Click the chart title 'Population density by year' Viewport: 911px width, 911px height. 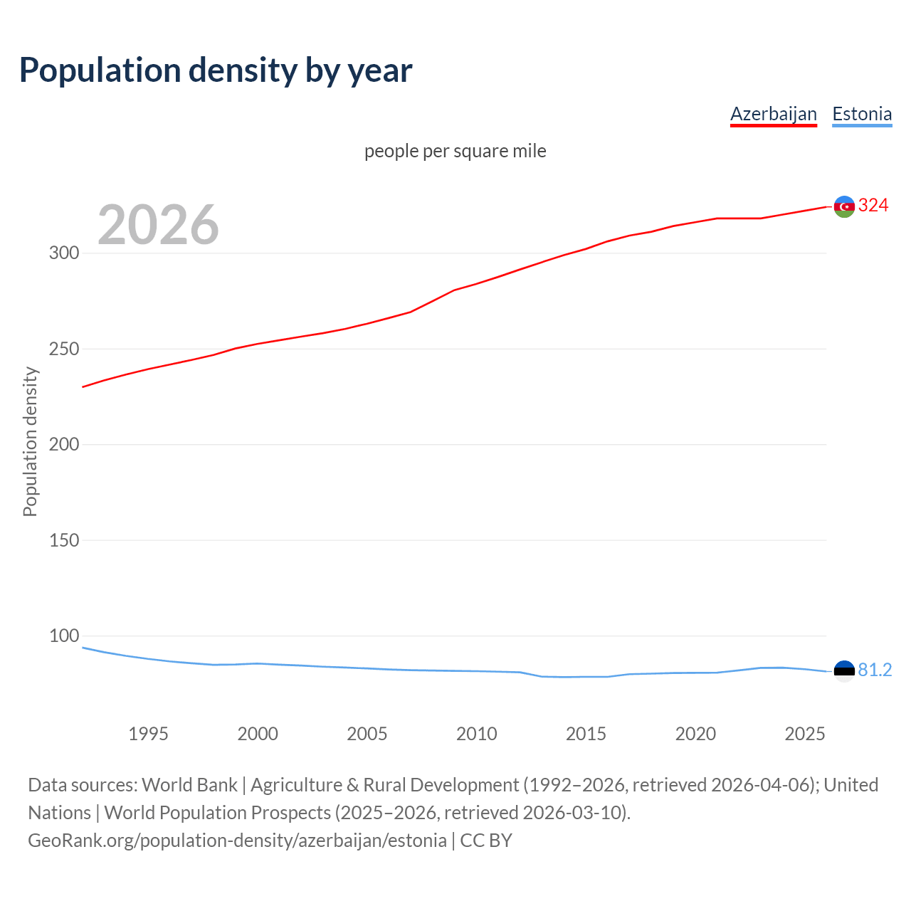pyautogui.click(x=216, y=70)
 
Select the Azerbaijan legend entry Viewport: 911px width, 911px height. pyautogui.click(x=773, y=114)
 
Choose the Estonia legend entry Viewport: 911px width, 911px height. pyautogui.click(x=861, y=114)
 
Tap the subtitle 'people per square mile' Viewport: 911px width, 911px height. pyautogui.click(x=455, y=151)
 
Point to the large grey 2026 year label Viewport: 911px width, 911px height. pyautogui.click(x=158, y=225)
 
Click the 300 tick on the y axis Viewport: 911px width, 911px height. pyautogui.click(x=64, y=253)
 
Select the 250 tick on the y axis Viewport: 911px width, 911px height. pyautogui.click(x=64, y=349)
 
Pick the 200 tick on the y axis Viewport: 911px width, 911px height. pyautogui.click(x=64, y=444)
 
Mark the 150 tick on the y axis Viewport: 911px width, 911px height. pyautogui.click(x=64, y=540)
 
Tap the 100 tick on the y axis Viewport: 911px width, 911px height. pyautogui.click(x=64, y=636)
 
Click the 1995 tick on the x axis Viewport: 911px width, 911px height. pyautogui.click(x=148, y=734)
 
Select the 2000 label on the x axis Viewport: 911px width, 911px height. pyautogui.click(x=258, y=734)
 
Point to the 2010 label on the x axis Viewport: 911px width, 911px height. pyautogui.click(x=476, y=734)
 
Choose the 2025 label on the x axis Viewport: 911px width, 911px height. pyautogui.click(x=804, y=734)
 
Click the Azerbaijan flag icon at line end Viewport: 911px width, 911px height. pyautogui.click(x=844, y=206)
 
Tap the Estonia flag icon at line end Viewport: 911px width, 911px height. pyautogui.click(x=844, y=670)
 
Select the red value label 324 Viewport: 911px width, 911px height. pyautogui.click(x=873, y=206)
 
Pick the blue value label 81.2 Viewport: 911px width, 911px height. pyautogui.click(x=875, y=670)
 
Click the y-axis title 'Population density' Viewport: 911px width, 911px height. pyautogui.click(x=30, y=441)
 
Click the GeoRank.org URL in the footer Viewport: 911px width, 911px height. pyautogui.click(x=237, y=841)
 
